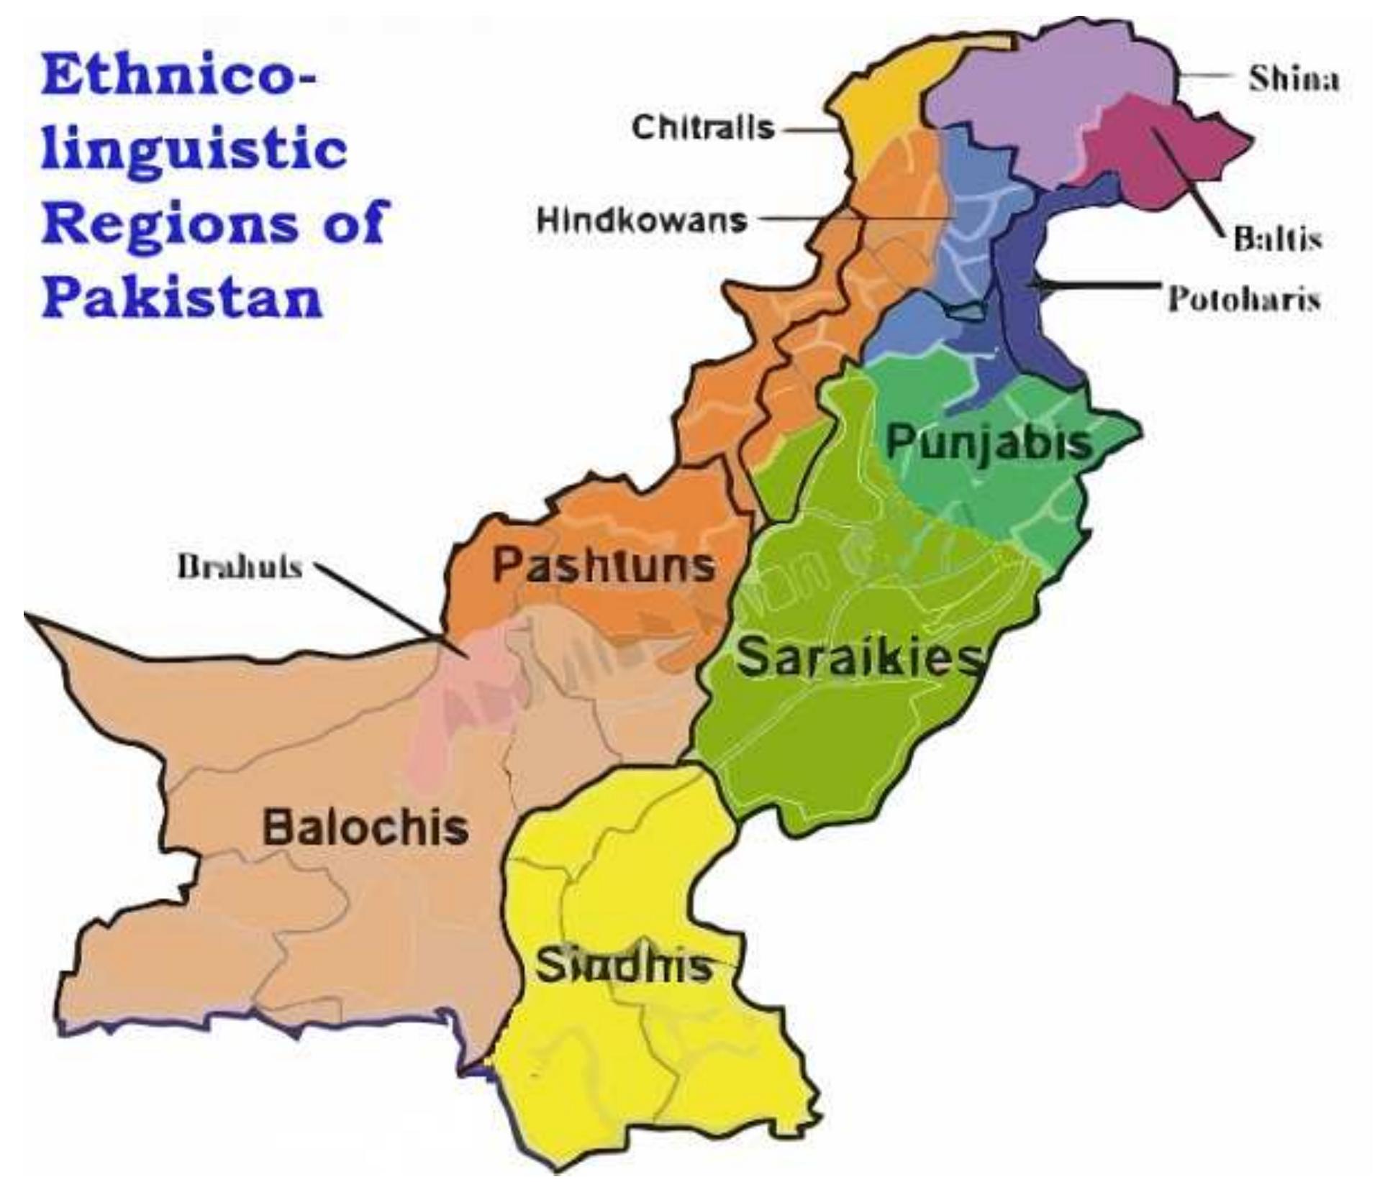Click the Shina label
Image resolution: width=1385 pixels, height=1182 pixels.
tap(1294, 78)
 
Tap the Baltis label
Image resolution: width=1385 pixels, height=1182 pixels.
tap(1278, 237)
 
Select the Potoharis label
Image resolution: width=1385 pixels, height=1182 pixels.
tap(1244, 297)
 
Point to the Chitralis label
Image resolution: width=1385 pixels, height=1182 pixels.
tap(703, 128)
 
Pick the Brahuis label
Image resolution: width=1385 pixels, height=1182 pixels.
tap(239, 567)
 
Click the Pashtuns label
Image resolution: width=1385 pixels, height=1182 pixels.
tap(603, 565)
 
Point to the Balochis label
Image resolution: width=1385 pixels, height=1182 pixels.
tap(365, 827)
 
